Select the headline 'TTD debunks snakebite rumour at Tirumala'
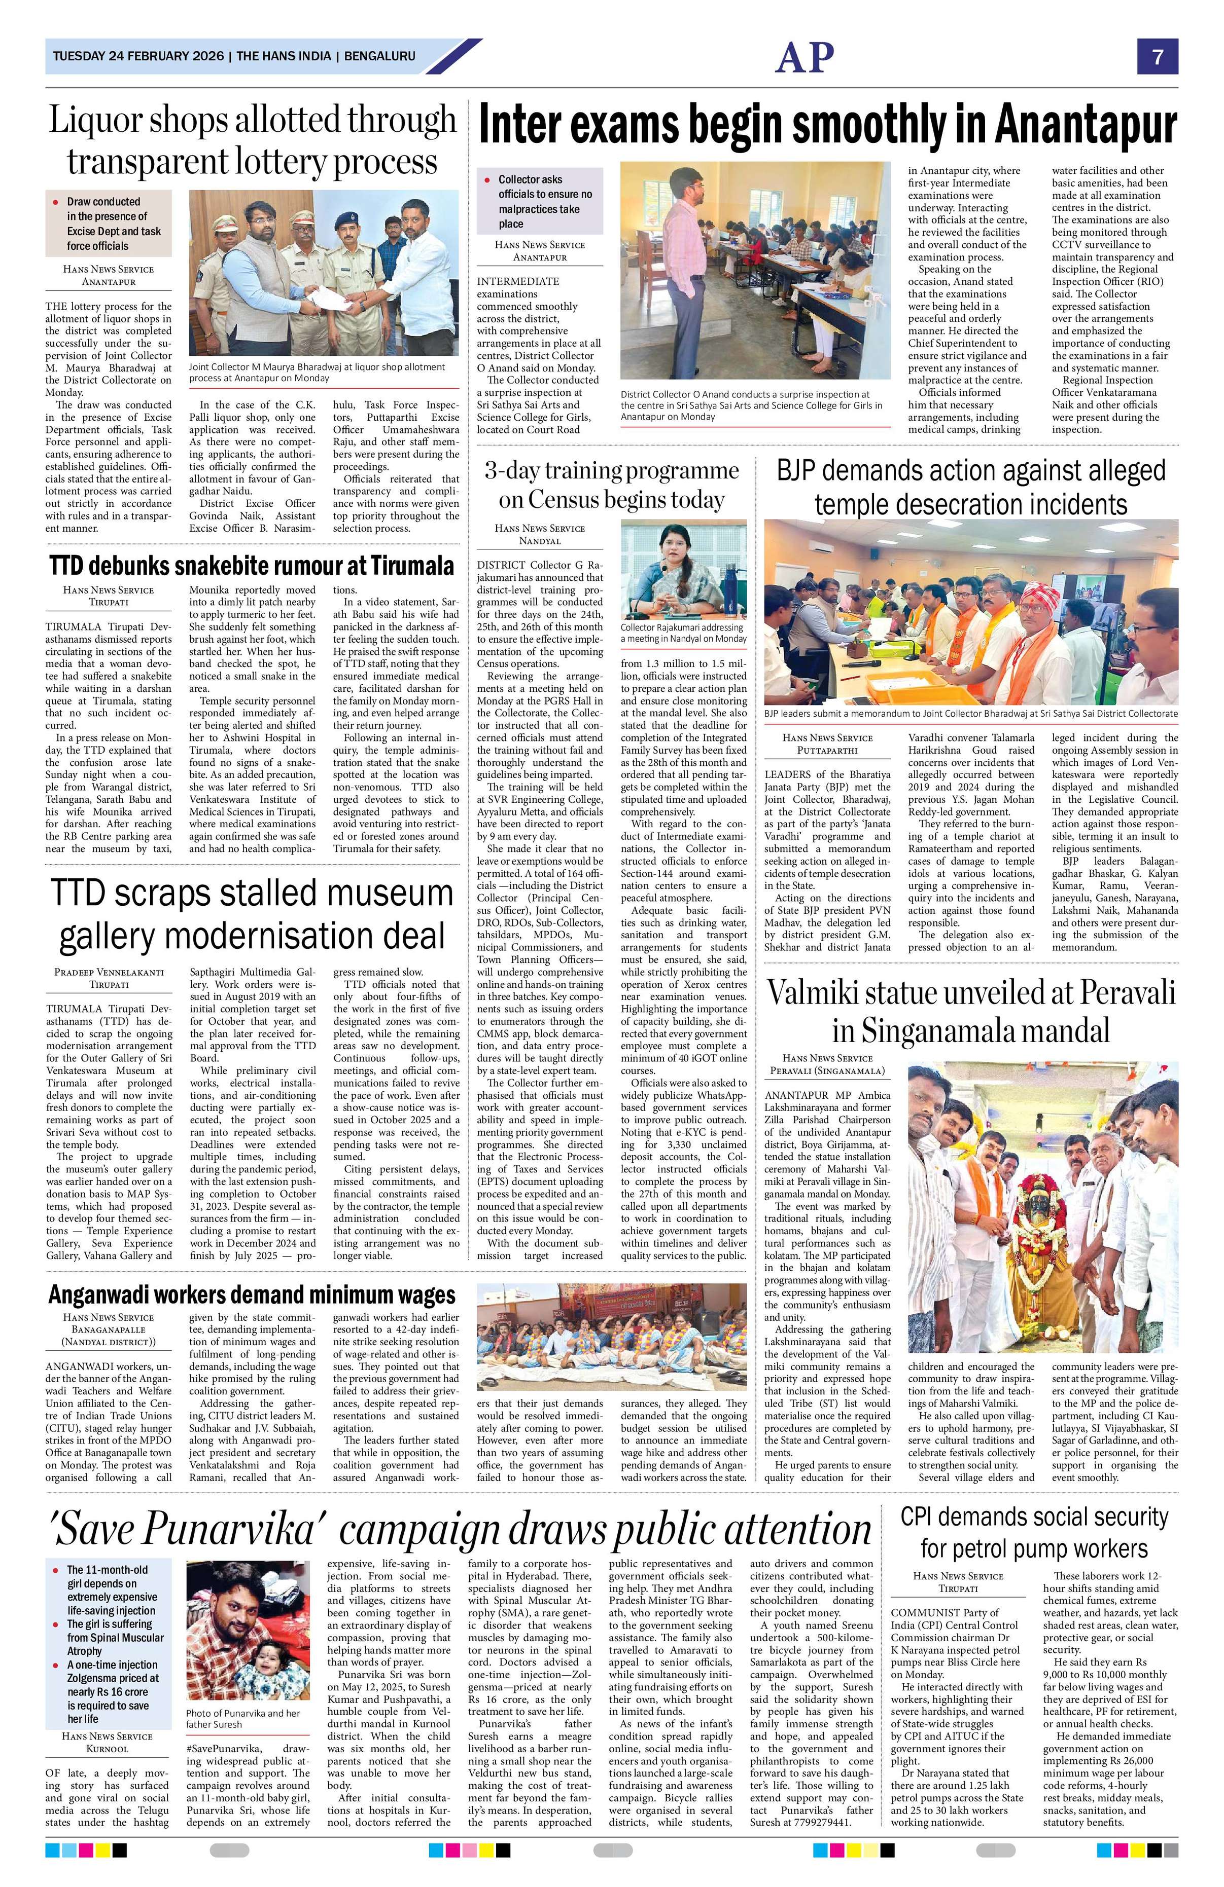click(252, 566)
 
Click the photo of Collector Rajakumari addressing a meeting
click(683, 569)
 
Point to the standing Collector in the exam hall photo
click(685, 262)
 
